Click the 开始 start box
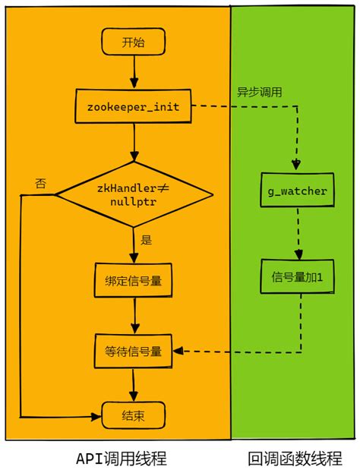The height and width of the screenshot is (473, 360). coord(133,43)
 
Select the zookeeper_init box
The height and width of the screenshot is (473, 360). coord(133,106)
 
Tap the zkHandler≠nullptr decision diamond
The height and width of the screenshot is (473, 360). coord(134,194)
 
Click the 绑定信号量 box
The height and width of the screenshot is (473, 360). coord(134,280)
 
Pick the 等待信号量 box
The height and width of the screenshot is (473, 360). coord(134,351)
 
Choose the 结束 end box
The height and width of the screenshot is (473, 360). coord(134,416)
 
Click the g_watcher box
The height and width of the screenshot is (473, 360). coord(298,191)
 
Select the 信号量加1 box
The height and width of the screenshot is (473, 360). coord(298,278)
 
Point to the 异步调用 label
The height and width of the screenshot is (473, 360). coord(259,92)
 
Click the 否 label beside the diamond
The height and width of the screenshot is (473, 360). coord(40,183)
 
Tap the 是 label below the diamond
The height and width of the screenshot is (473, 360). coord(147,240)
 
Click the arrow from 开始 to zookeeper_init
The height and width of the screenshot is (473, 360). coord(134,72)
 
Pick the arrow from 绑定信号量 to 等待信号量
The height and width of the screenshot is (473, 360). coord(134,315)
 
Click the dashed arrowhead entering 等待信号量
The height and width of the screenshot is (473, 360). coord(179,352)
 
